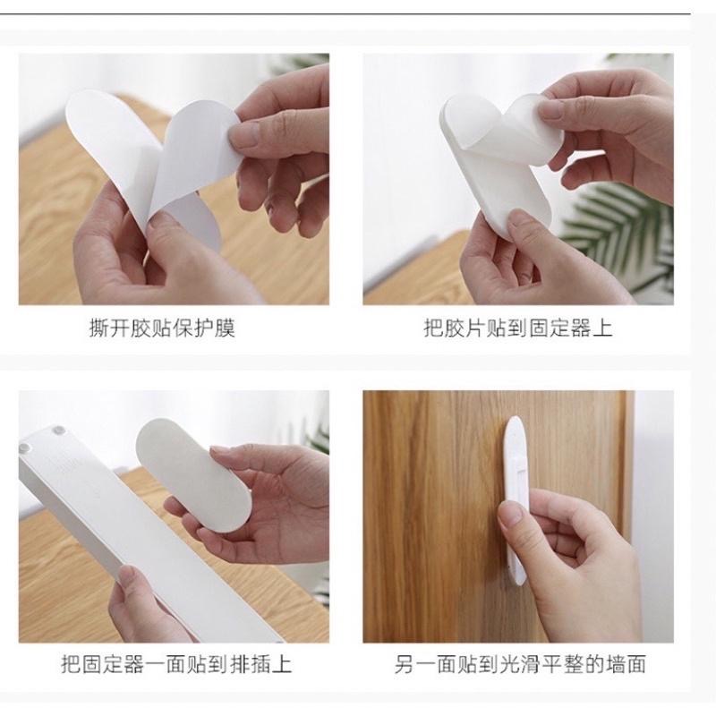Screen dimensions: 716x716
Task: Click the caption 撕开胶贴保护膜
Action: point(162,328)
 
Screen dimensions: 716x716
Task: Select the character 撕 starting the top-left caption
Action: point(99,328)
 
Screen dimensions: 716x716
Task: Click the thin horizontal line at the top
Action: point(358,13)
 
